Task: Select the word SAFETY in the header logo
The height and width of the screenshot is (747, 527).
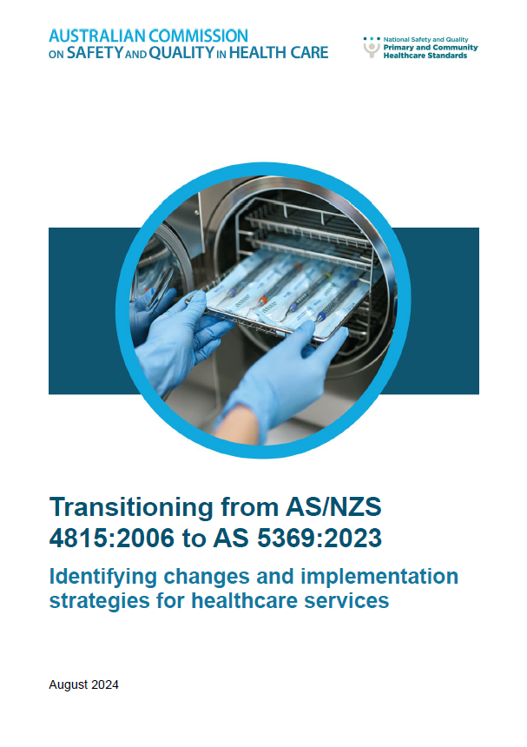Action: (x=93, y=52)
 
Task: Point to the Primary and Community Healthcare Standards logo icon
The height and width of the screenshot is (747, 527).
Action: (x=372, y=48)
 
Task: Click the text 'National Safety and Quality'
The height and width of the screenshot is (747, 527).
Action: (x=425, y=40)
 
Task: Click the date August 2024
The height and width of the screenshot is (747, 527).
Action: (x=83, y=684)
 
